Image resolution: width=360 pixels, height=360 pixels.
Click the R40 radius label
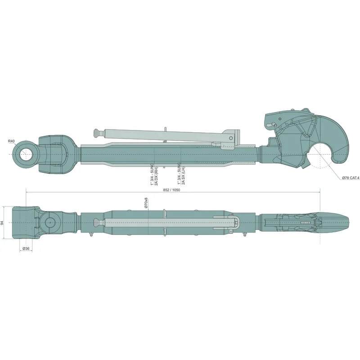coord(11,141)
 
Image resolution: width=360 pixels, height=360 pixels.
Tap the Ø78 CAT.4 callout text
coord(351,178)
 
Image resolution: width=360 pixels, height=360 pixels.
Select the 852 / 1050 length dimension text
coord(171,190)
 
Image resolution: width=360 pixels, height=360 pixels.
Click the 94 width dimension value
coord(2,223)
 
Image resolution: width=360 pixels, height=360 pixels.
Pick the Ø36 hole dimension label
coord(26,248)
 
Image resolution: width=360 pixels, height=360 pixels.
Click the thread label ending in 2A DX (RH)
coord(154,174)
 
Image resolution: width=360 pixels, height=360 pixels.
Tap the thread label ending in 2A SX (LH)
coord(181,174)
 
